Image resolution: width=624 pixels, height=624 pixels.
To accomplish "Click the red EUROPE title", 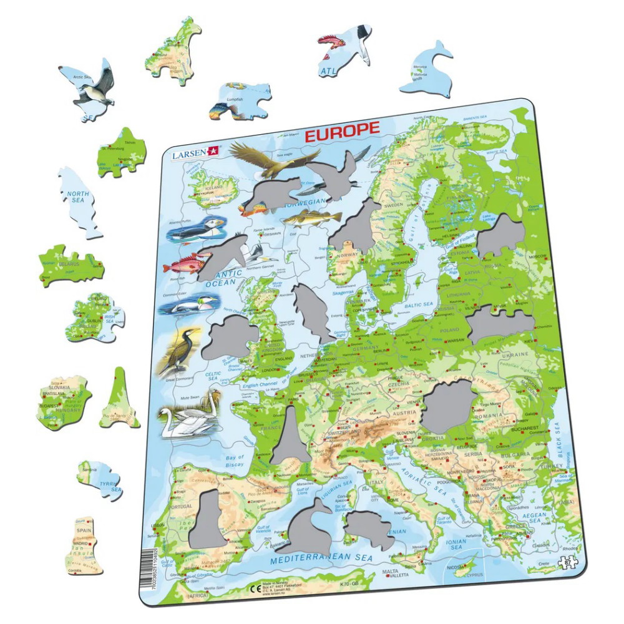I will (x=341, y=129).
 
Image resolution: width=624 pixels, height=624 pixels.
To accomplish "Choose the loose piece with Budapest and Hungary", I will (x=63, y=402).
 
